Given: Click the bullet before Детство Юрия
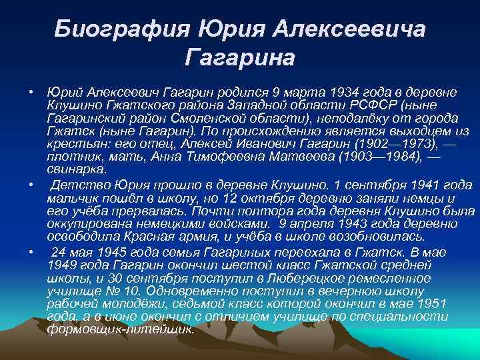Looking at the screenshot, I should coord(31,182).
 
